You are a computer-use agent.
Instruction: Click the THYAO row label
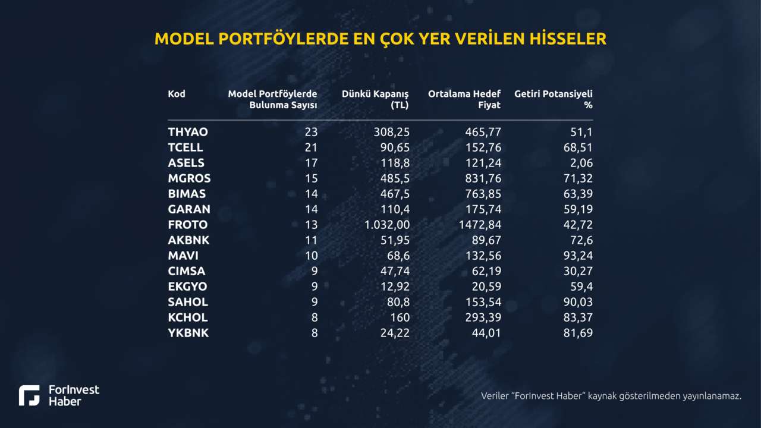(x=188, y=132)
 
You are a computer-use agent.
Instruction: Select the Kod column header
(x=177, y=94)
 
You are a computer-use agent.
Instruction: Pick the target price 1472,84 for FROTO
(x=479, y=225)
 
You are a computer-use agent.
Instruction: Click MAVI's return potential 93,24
(x=578, y=256)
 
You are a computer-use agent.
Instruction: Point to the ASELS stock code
(x=186, y=163)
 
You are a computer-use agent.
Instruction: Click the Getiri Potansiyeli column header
(x=554, y=99)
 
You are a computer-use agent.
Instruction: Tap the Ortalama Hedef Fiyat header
(x=464, y=99)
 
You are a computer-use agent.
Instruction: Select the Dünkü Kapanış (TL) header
(x=375, y=99)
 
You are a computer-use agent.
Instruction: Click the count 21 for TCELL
(x=311, y=147)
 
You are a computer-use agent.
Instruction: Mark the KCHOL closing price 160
(x=399, y=317)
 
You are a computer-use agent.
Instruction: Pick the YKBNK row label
(x=188, y=333)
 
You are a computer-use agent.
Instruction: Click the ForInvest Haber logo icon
(x=29, y=395)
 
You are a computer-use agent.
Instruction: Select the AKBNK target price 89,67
(x=483, y=240)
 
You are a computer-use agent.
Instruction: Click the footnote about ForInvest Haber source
(x=611, y=396)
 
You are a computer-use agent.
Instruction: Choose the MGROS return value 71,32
(x=578, y=178)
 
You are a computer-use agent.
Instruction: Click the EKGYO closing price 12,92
(x=395, y=287)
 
